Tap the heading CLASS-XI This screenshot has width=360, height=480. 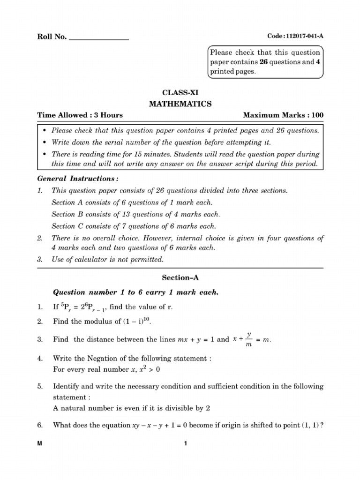point(180,93)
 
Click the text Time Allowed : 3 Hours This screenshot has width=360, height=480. point(80,115)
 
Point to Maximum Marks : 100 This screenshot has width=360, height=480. point(283,115)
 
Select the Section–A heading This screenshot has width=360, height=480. point(180,277)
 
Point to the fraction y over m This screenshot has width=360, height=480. point(249,338)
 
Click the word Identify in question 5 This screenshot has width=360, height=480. point(67,387)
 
